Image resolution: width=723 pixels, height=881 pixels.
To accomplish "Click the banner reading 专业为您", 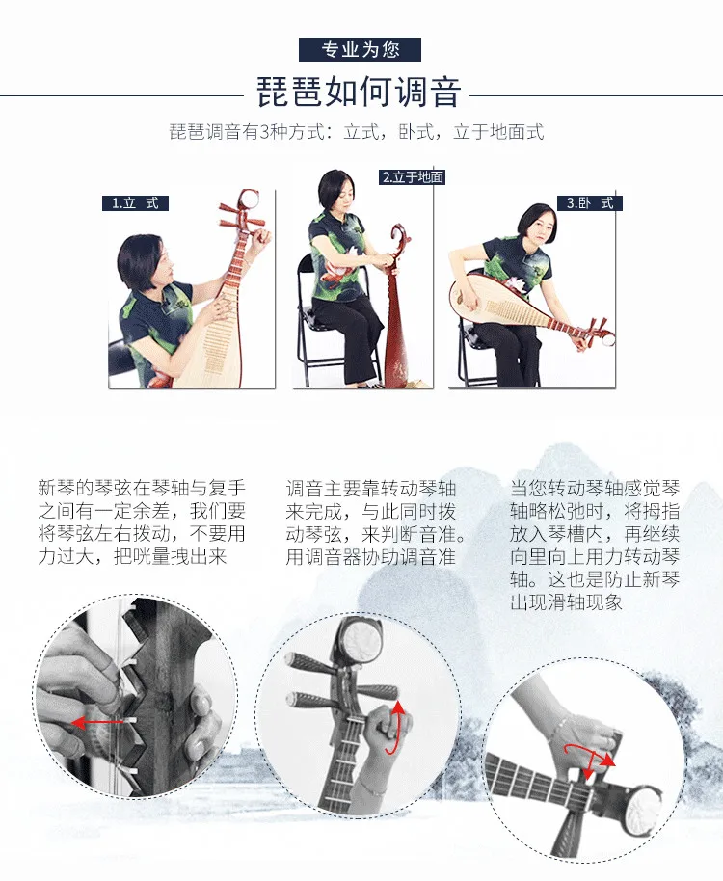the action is (x=360, y=49).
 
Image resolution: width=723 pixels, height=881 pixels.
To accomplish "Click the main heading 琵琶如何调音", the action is (x=359, y=92).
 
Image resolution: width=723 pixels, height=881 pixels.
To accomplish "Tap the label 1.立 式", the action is (x=135, y=202).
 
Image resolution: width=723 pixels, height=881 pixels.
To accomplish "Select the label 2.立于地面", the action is (x=413, y=177).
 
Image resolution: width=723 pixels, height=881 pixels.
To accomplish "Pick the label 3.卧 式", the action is (x=590, y=202).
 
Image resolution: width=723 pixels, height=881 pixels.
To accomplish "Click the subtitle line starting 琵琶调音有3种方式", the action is (x=357, y=132).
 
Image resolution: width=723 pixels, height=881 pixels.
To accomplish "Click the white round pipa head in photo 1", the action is (x=248, y=200).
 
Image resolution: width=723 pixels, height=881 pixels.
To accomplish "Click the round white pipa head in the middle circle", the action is (x=361, y=641).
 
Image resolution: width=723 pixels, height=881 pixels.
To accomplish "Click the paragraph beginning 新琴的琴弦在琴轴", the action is (x=142, y=522).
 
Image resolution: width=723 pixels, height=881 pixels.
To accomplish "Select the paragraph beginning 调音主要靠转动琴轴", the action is (x=375, y=522).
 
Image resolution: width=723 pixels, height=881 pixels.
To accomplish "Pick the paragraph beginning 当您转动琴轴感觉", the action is (x=595, y=545).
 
